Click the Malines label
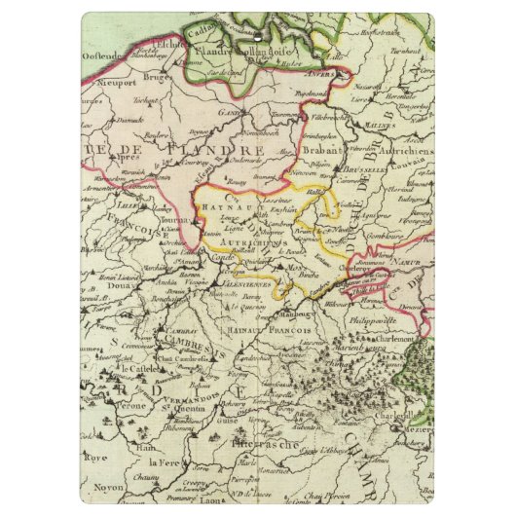click(x=379, y=125)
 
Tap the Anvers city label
click(x=322, y=72)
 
